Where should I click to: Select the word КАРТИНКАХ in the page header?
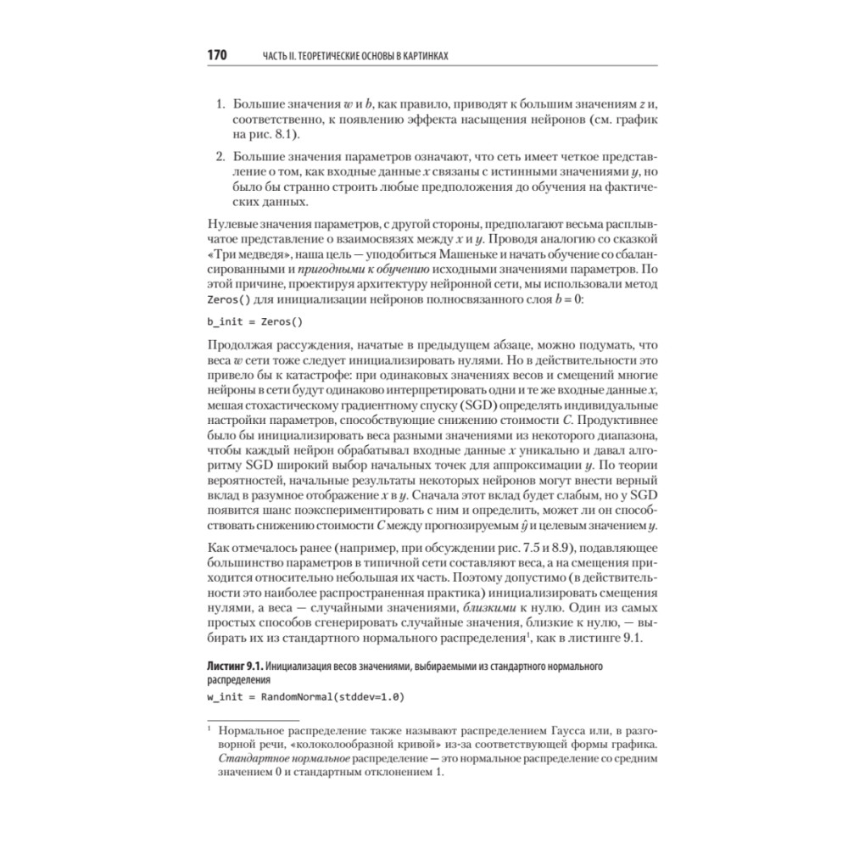click(416, 56)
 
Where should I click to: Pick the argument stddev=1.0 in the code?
click(370, 698)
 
